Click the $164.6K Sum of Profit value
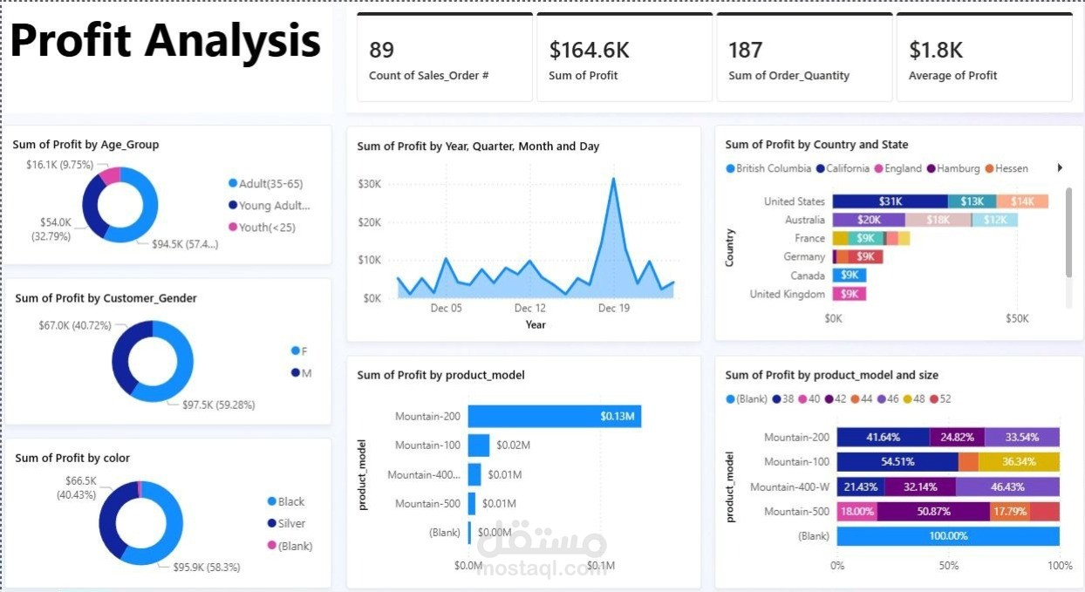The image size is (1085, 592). coord(589,50)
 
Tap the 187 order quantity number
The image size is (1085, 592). coord(746,50)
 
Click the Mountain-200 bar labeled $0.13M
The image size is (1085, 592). coord(555,417)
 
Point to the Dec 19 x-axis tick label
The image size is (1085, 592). coord(614,308)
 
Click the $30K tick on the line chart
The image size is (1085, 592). coord(369,184)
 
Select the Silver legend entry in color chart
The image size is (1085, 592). coord(291,524)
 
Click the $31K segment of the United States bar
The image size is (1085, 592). coord(890,201)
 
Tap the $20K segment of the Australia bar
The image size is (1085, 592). coord(869,220)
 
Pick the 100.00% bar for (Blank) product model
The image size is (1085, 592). coord(948,536)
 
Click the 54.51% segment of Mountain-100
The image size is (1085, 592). coord(897,462)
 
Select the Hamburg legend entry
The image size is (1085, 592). coord(958,168)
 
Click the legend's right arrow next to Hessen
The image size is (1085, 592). coord(1060,168)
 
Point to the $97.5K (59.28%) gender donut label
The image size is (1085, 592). coord(218,405)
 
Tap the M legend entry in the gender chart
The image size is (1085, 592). coord(306,373)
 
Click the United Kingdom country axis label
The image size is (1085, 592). coord(787,295)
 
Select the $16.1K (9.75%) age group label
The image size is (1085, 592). coord(59,165)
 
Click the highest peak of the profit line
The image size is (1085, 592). coord(613,179)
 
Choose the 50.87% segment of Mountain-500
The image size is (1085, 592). coord(933,512)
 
